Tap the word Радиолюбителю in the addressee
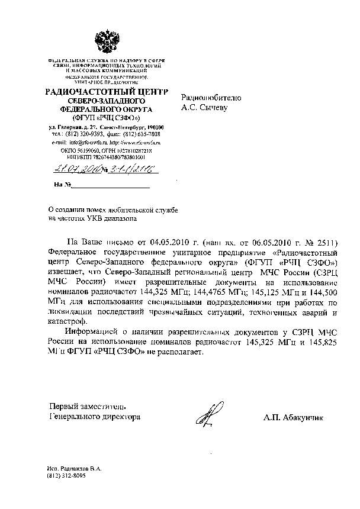(x=211, y=98)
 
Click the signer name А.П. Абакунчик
(x=294, y=417)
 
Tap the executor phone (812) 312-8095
(x=66, y=475)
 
